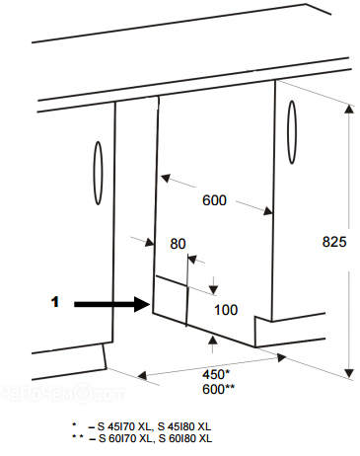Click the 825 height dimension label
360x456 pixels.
[x=334, y=242]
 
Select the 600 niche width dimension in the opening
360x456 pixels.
[x=214, y=200]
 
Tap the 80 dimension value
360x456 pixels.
[x=178, y=244]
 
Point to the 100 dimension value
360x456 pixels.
[x=226, y=310]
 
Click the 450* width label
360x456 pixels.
[x=216, y=374]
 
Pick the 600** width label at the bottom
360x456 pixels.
[x=218, y=389]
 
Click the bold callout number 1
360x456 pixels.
[x=55, y=302]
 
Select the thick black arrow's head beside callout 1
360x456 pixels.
[x=143, y=304]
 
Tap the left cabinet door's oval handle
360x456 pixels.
[x=98, y=173]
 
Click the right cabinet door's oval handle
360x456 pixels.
[x=292, y=132]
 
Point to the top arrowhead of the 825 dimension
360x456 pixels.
[x=349, y=109]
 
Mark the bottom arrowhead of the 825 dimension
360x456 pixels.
[x=349, y=373]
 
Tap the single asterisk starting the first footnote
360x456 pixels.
[x=74, y=424]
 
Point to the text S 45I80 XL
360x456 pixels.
[x=184, y=426]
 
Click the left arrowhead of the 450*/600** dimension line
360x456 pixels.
[x=142, y=375]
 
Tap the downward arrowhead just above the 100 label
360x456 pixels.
[x=214, y=290]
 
